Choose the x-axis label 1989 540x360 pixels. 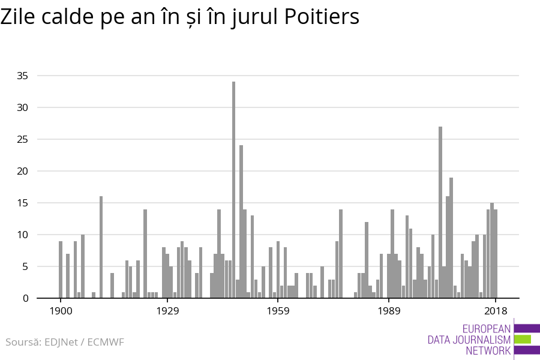[389, 311]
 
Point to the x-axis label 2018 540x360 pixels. [496, 311]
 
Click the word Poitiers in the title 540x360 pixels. [321, 17]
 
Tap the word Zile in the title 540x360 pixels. [17, 17]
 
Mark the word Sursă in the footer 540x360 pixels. [22, 343]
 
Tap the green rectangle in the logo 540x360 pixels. [523, 340]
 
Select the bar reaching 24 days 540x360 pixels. [241, 221]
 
